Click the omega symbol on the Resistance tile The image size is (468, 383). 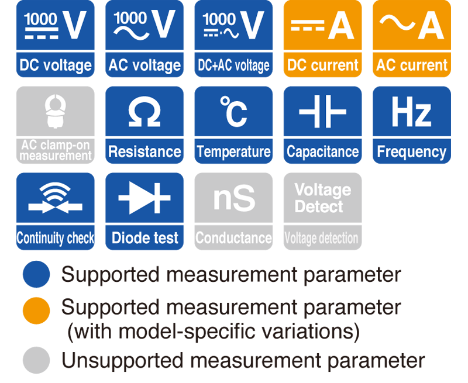click(144, 111)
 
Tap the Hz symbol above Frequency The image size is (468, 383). click(411, 112)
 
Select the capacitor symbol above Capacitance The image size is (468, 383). click(322, 112)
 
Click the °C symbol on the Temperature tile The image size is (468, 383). click(233, 112)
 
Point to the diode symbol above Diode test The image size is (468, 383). click(144, 198)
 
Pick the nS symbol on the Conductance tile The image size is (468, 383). click(235, 198)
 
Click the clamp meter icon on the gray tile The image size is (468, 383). click(55, 111)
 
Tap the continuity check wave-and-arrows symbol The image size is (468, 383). click(55, 198)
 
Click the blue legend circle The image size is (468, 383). click(36, 274)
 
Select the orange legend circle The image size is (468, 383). click(36, 310)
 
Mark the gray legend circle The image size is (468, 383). click(36, 360)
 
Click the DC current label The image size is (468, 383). click(322, 65)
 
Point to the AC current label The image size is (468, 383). click(412, 65)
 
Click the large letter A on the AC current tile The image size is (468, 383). click(431, 26)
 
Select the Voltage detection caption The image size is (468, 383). click(321, 239)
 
